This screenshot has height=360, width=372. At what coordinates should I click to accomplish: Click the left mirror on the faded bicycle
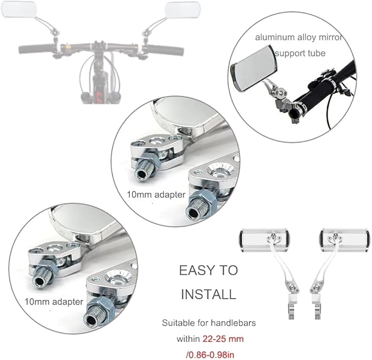[18, 9]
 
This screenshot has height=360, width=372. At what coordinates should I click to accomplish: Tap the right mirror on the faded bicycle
[182, 10]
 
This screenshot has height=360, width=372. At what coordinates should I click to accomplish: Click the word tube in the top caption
[317, 53]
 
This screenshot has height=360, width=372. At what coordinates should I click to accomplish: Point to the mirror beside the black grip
[254, 67]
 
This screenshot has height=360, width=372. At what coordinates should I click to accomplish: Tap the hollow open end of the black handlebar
[294, 113]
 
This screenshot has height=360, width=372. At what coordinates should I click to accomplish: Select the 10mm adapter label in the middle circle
[156, 195]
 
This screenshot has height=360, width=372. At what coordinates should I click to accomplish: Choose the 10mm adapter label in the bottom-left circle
[54, 301]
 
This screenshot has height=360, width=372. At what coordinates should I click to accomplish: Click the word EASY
[196, 270]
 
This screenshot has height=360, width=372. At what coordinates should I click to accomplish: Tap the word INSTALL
[208, 294]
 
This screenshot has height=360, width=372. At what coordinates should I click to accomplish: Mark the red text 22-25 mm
[223, 339]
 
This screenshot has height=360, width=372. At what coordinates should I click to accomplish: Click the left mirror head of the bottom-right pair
[265, 240]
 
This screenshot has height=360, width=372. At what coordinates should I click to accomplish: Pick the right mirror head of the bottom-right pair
[344, 240]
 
